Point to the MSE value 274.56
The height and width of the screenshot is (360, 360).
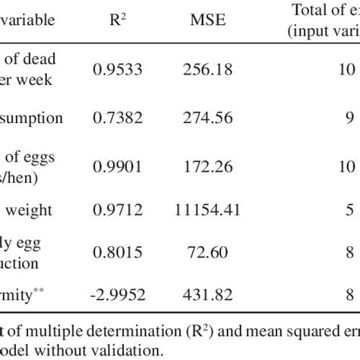coord(205,118)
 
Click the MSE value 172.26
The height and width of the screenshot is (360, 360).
coord(205,166)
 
